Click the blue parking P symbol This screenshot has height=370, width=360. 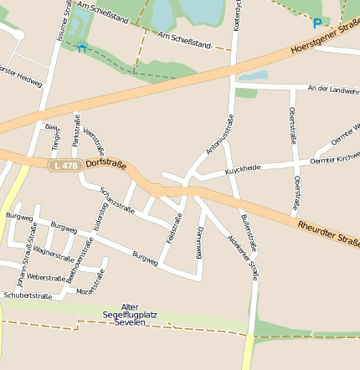pos(316,23)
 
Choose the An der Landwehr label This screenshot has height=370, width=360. pos(333,88)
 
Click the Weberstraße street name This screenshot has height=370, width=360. pos(46,275)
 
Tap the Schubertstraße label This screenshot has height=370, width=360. pos(28,295)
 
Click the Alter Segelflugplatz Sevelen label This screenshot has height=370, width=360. pos(129,315)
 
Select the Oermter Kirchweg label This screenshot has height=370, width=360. pos(334,159)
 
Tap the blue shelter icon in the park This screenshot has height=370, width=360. pos(81,47)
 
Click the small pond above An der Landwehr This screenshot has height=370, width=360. pos(252,75)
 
